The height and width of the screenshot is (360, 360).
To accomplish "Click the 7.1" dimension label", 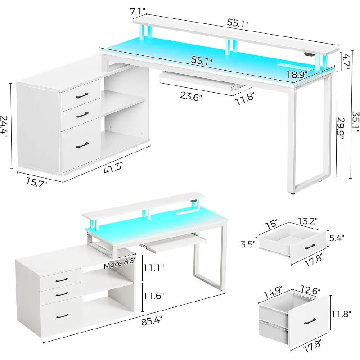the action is tap(138, 11).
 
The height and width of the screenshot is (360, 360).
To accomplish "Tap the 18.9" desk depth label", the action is tap(297, 74).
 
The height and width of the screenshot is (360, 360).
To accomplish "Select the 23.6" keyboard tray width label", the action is tap(191, 96).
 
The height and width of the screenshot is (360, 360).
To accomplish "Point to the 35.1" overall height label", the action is tap(355, 122).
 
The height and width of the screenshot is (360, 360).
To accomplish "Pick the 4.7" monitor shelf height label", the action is tap(345, 61).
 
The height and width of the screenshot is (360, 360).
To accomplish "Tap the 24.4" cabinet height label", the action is tap(4, 126).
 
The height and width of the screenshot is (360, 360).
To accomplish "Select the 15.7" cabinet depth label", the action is tap(36, 182).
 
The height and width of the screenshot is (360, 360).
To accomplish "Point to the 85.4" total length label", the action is tap(152, 320).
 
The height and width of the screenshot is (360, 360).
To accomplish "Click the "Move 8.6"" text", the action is tap(120, 263).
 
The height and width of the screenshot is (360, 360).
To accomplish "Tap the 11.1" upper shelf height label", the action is tap(153, 267).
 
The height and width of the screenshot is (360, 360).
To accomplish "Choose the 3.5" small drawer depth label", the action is tap(248, 244).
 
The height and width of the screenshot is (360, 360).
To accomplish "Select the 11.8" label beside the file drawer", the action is tap(341, 314).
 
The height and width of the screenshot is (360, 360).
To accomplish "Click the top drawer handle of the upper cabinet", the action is tap(82, 95).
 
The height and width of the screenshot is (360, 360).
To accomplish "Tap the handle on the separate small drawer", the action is tap(310, 247).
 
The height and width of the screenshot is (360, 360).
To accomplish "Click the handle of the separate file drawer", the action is tap(310, 322).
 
